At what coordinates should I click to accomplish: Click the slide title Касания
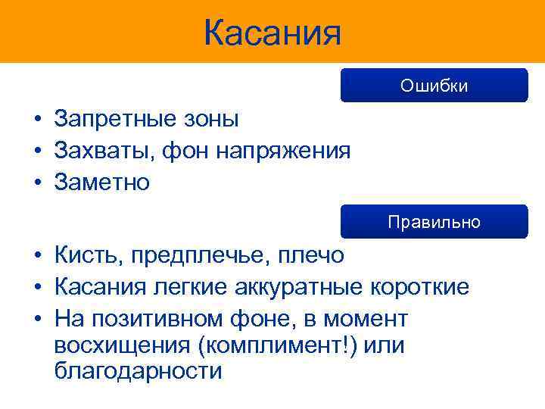click(272, 33)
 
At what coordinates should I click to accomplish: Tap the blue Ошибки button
click(434, 86)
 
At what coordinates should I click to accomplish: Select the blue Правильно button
click(434, 222)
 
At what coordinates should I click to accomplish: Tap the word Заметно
click(102, 182)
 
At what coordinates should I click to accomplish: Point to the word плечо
click(310, 256)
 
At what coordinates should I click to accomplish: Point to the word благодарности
click(139, 372)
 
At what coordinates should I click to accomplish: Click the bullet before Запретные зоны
click(36, 120)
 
